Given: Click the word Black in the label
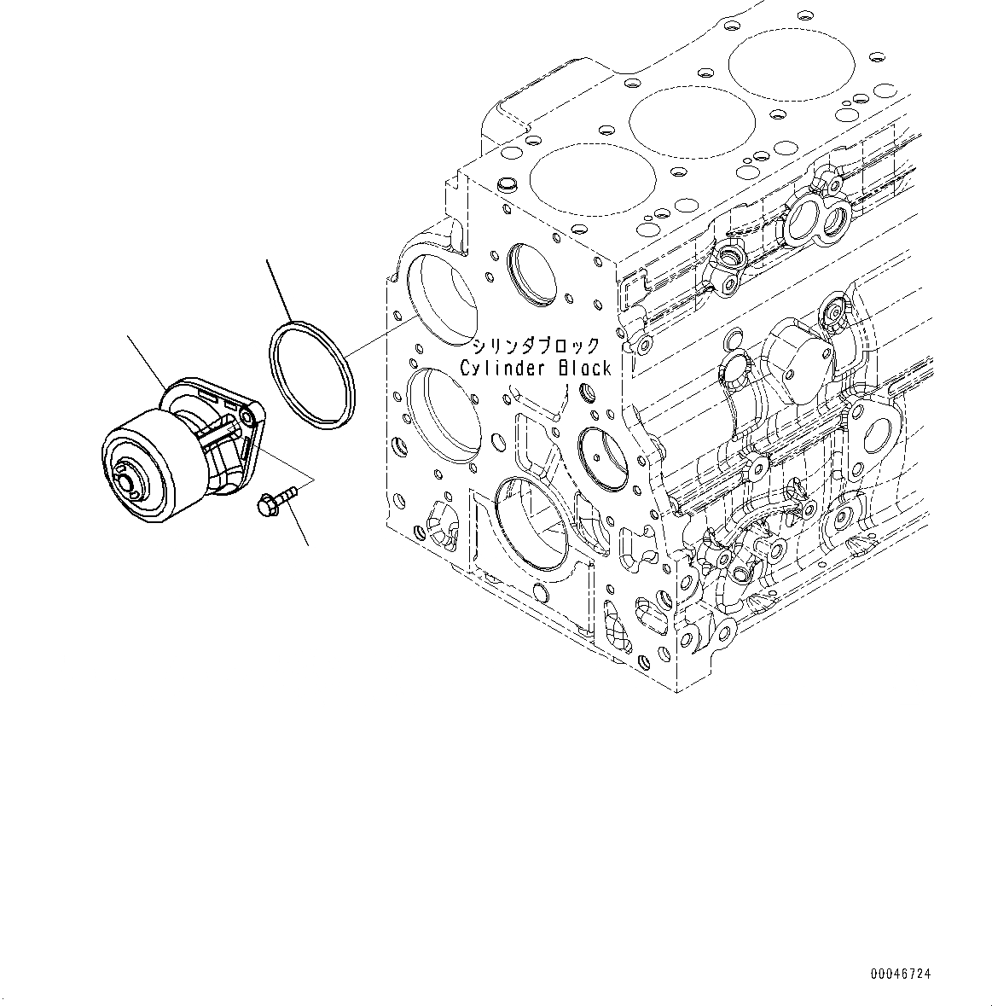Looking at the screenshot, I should (585, 368).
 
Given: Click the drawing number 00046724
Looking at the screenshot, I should (901, 974).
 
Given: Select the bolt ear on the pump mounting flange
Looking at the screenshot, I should (247, 416).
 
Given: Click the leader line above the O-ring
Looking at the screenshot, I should (280, 290).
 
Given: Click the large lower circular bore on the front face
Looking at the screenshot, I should (530, 520).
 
